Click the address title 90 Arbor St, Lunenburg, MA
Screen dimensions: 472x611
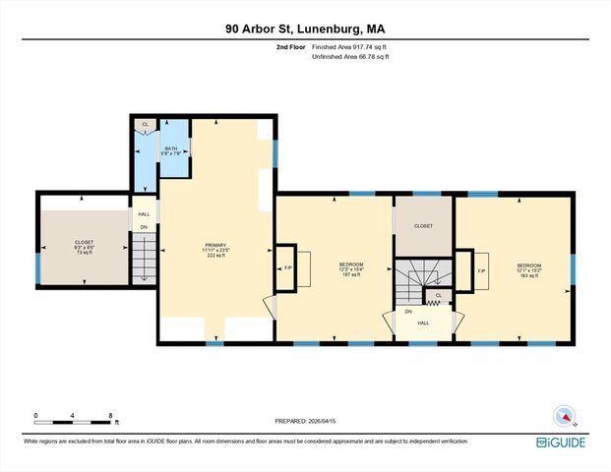coord(305,29)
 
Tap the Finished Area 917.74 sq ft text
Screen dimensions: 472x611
coord(350,47)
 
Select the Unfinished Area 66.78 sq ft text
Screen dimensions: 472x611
coord(350,57)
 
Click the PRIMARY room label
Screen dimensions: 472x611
coord(214,246)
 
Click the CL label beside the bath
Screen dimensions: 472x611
coord(146,124)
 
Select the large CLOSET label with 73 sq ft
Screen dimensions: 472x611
coord(84,245)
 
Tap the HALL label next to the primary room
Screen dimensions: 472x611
coord(144,214)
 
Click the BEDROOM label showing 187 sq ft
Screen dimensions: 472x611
coord(351,267)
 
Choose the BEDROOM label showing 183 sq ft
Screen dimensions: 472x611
coord(529,268)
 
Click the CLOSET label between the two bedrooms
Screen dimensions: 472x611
coord(423,226)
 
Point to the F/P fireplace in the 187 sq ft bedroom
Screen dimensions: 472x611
coord(288,268)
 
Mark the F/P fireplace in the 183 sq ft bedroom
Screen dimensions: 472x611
coord(481,269)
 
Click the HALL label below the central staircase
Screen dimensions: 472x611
coord(423,322)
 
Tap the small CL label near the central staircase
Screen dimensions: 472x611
coord(438,294)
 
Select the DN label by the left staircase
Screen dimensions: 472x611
coord(144,227)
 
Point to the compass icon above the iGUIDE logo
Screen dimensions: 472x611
coord(563,415)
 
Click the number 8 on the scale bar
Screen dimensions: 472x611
coord(110,416)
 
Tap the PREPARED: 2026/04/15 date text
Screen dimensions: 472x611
coord(305,420)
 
